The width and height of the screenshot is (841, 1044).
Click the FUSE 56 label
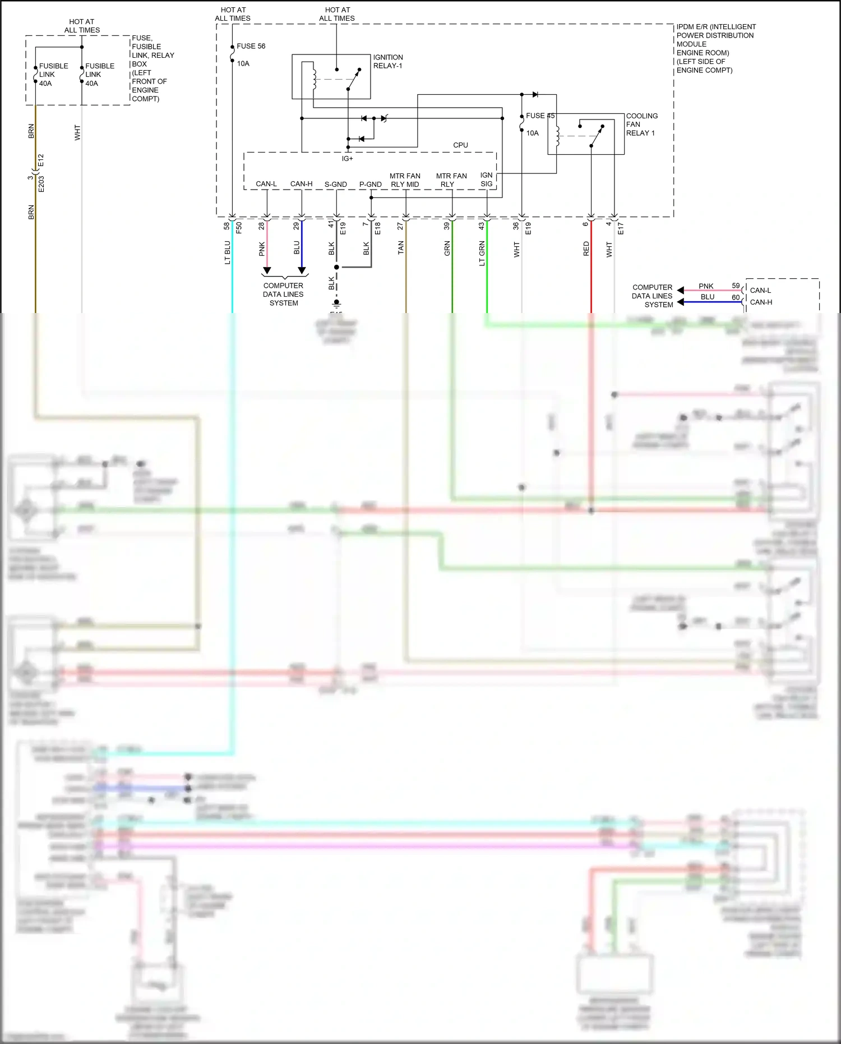pyautogui.click(x=251, y=46)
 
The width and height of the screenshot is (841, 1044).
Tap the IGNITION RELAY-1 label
pyautogui.click(x=388, y=62)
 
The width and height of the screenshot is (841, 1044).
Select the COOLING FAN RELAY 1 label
pyautogui.click(x=641, y=125)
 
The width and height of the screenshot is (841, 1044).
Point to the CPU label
pyautogui.click(x=460, y=145)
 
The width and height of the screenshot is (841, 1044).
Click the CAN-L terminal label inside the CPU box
pyautogui.click(x=266, y=184)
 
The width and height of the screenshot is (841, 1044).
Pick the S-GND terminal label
pyautogui.click(x=336, y=184)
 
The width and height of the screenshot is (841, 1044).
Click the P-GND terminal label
pyautogui.click(x=370, y=184)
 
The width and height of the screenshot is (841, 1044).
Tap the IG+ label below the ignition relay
pyautogui.click(x=348, y=159)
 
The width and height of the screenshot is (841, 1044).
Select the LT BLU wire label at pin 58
pyautogui.click(x=227, y=252)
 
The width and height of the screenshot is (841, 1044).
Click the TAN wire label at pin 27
pyautogui.click(x=400, y=248)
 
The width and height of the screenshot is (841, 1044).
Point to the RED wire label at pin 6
pyautogui.click(x=586, y=249)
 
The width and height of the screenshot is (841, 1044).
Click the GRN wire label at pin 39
pyautogui.click(x=447, y=248)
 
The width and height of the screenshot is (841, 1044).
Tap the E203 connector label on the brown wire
pyautogui.click(x=41, y=184)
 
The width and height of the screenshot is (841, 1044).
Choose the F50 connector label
pyautogui.click(x=239, y=228)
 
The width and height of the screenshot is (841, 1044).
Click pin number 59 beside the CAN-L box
pyautogui.click(x=736, y=286)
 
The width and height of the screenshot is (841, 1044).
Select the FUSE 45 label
pyautogui.click(x=539, y=116)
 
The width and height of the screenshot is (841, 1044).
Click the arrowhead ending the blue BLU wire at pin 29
pyautogui.click(x=302, y=271)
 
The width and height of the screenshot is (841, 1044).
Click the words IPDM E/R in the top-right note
pyautogui.click(x=692, y=27)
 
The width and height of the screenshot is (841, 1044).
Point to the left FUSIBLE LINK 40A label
pyautogui.click(x=53, y=74)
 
